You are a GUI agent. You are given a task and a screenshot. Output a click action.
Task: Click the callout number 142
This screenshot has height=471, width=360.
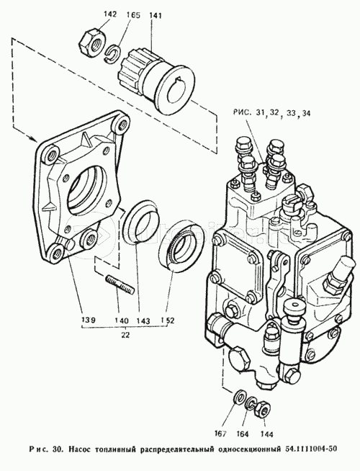click(111, 14)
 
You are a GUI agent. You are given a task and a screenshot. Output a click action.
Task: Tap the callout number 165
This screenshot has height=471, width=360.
click(133, 15)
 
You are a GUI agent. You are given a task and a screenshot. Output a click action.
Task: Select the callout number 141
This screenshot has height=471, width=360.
click(155, 16)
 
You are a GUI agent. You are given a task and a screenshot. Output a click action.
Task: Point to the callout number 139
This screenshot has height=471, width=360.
click(89, 320)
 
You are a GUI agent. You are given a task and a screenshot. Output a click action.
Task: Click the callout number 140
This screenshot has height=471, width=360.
click(122, 320)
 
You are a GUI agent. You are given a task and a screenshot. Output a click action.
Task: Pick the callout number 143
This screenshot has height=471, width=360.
click(143, 320)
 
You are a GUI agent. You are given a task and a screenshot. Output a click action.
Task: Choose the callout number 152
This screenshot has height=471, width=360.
click(167, 320)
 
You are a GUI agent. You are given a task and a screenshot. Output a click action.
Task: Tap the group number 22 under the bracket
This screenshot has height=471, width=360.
click(125, 335)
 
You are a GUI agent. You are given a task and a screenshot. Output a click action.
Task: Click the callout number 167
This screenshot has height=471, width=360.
click(221, 434)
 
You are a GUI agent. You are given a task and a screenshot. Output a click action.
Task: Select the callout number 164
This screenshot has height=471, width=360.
click(242, 434)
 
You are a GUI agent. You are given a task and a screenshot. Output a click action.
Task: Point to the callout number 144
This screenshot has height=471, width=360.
click(266, 434)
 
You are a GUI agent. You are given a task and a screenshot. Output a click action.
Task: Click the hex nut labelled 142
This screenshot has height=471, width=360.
click(93, 42)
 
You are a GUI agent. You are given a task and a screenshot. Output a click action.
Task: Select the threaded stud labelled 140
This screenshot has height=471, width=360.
click(120, 285)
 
